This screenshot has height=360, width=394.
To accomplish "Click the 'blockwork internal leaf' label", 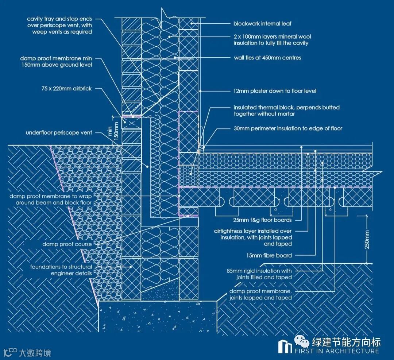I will pyautogui.click(x=262, y=24).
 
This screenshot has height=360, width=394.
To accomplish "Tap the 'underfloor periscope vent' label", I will pyautogui.click(x=59, y=133).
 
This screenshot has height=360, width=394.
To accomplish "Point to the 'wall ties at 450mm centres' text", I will pyautogui.click(x=267, y=58).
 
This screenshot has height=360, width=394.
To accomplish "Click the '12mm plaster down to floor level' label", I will pyautogui.click(x=275, y=91).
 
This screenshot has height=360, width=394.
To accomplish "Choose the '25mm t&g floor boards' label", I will pyautogui.click(x=262, y=220).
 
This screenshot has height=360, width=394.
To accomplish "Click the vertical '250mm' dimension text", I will pyautogui.click(x=367, y=239).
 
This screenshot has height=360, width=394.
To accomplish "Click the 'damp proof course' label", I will pyautogui.click(x=67, y=244).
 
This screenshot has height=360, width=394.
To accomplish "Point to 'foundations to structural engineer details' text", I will pyautogui.click(x=61, y=270).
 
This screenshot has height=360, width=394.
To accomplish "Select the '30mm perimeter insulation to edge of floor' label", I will pyautogui.click(x=288, y=128).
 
